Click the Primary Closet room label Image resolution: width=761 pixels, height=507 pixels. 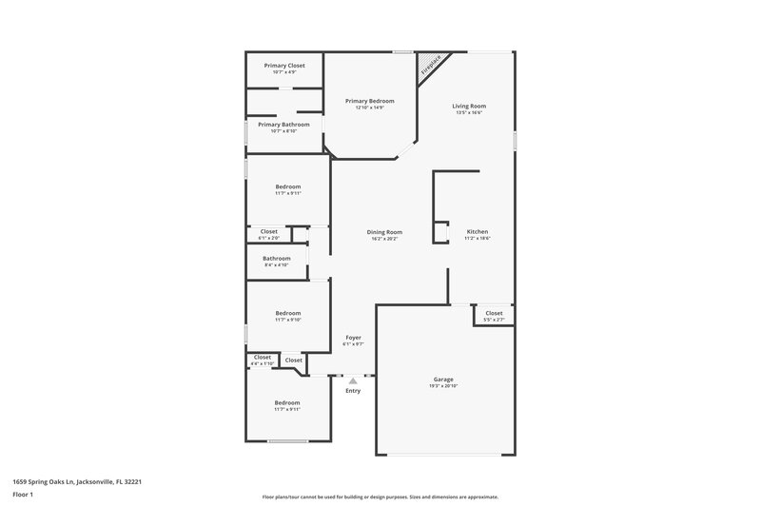click(x=283, y=66)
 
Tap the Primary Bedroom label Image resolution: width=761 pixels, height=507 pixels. click(x=369, y=101)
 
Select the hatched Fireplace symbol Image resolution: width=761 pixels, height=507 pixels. click(x=430, y=64)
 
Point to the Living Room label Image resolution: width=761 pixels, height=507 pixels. click(x=469, y=106)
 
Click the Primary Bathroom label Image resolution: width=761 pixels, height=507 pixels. click(x=283, y=125)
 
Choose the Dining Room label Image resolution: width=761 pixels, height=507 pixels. click(x=385, y=232)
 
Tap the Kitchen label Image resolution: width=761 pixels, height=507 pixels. click(x=478, y=232)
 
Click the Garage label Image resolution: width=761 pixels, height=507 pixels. click(x=443, y=380)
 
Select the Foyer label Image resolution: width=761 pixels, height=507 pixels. click(x=353, y=338)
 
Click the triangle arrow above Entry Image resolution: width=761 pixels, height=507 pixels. click(x=353, y=380)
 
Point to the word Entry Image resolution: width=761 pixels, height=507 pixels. click(x=353, y=391)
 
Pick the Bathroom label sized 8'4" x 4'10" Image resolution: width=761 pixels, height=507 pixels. click(x=277, y=258)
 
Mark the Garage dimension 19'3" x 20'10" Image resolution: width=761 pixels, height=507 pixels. click(x=443, y=387)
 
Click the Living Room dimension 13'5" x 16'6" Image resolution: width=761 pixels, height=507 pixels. click(x=469, y=113)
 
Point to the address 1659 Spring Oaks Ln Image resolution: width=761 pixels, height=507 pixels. click(x=78, y=481)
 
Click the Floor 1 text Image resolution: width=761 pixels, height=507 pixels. click(x=23, y=496)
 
